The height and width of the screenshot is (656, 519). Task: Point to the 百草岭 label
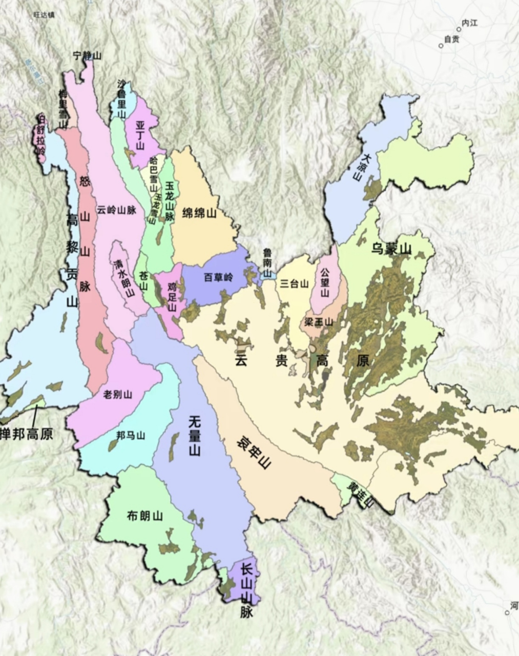(218, 277)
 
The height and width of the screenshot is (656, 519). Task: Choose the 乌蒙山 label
(391, 250)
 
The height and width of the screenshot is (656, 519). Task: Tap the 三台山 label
(295, 283)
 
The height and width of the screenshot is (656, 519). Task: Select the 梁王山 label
(319, 322)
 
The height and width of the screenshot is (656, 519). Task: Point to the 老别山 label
(118, 394)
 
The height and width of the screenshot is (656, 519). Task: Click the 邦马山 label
(131, 436)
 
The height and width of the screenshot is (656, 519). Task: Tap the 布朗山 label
(144, 516)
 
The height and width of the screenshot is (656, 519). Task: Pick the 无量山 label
(194, 436)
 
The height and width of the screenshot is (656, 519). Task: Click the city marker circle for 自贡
(441, 46)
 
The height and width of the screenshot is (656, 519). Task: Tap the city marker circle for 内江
(459, 29)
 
